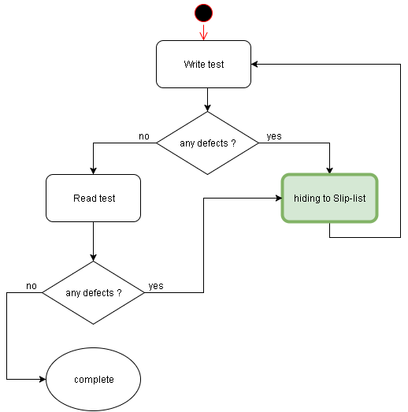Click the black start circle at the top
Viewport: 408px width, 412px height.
point(203,13)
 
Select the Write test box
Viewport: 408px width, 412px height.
point(203,64)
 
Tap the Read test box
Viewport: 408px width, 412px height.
point(94,198)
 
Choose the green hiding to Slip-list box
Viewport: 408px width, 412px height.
point(329,198)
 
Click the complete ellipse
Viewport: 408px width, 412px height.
point(94,380)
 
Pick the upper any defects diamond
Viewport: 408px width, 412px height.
point(207,143)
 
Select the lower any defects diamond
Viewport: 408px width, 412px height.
point(94,292)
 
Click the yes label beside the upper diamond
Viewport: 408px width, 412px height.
point(274,136)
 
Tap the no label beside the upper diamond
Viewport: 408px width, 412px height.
point(144,136)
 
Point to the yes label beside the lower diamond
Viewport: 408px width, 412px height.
point(156,286)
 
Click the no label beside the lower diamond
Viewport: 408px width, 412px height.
point(32,285)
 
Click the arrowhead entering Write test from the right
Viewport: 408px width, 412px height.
point(255,64)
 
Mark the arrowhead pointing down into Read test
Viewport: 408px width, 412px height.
point(94,170)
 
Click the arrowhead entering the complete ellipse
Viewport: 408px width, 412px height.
point(43,380)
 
